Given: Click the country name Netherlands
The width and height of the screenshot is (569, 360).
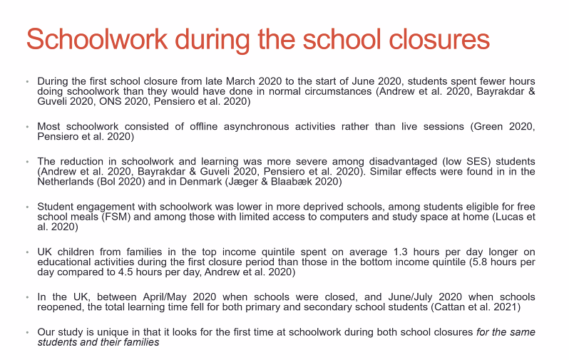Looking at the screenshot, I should pos(65,182).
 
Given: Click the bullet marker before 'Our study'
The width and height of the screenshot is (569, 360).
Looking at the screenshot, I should pos(27,332).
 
